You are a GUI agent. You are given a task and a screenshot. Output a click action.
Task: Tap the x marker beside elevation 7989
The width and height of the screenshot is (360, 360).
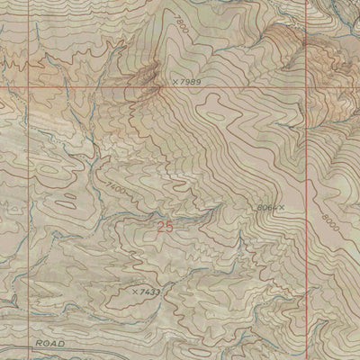pos(175,82)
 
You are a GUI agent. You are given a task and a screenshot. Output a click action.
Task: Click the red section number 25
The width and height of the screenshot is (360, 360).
pos(165,228)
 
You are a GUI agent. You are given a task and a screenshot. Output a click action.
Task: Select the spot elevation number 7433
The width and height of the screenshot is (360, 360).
pos(149,292)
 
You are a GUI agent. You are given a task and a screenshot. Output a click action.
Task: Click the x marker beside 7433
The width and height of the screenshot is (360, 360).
pos(133,292)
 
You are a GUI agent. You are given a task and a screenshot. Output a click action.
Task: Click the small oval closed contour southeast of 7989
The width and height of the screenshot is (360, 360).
pos(216,114)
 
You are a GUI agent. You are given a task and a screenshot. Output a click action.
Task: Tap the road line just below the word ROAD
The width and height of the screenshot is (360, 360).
pos(53,354)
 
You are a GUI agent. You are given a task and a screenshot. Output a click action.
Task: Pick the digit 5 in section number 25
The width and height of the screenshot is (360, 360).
pos(169,228)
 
